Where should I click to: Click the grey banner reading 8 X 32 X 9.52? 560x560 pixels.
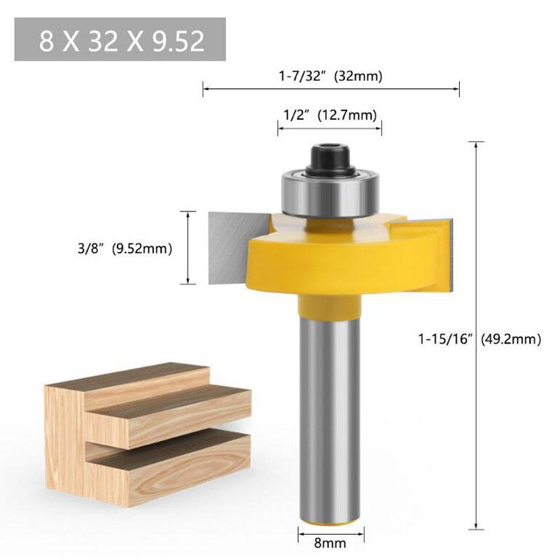(120, 40)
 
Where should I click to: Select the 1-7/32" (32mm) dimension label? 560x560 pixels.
(331, 76)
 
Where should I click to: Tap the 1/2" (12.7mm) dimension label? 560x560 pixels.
(330, 114)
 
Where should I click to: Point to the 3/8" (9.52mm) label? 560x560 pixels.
(133, 248)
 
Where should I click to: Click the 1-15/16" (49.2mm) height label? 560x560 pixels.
(479, 339)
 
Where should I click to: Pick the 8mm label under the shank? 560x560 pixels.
(331, 540)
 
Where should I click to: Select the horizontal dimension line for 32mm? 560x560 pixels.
(331, 88)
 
